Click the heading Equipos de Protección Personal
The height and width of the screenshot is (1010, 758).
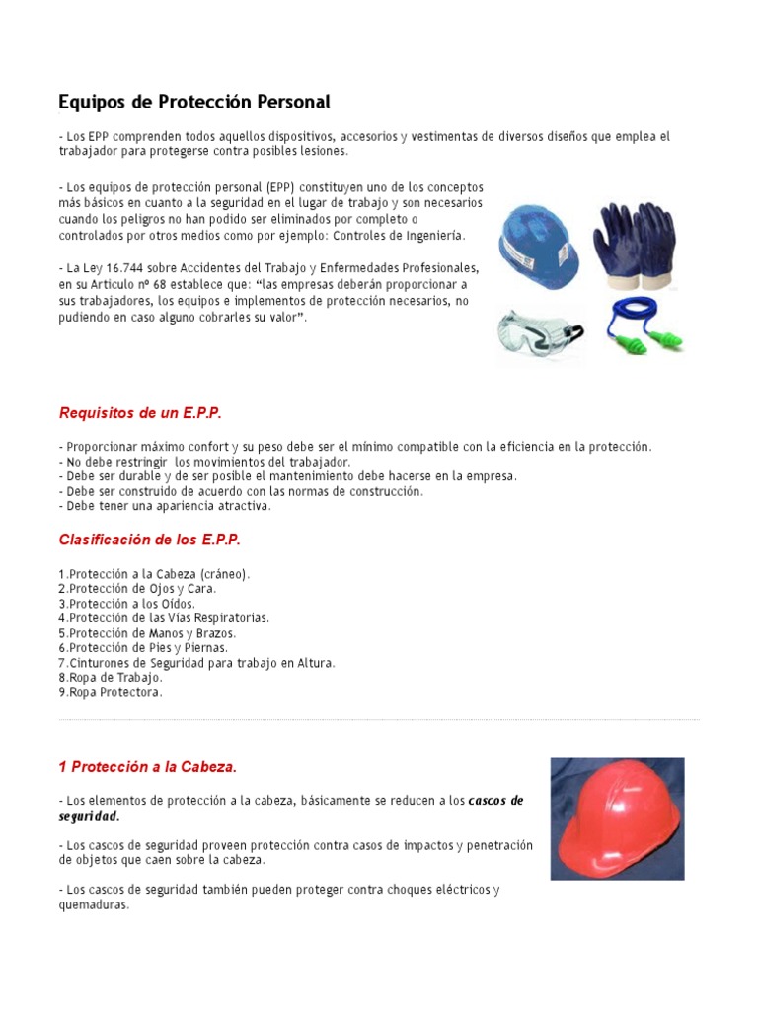point(194,102)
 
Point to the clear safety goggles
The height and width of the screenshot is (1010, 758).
point(538,331)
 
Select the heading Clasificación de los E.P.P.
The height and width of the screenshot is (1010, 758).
point(150,540)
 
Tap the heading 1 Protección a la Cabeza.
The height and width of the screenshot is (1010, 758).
point(148,767)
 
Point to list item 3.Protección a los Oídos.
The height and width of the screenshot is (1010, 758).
point(126,604)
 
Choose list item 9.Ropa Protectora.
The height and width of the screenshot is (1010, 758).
point(111,692)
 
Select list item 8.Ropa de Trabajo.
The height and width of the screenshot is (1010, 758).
point(111,678)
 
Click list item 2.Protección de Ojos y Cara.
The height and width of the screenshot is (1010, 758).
point(136,589)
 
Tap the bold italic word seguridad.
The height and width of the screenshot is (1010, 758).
point(89,816)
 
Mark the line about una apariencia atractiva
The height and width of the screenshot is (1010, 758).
point(165,506)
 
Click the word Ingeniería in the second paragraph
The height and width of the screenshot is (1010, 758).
point(428,237)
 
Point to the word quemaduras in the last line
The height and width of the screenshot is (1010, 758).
point(95,904)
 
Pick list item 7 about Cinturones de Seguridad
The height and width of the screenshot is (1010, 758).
point(196,663)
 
